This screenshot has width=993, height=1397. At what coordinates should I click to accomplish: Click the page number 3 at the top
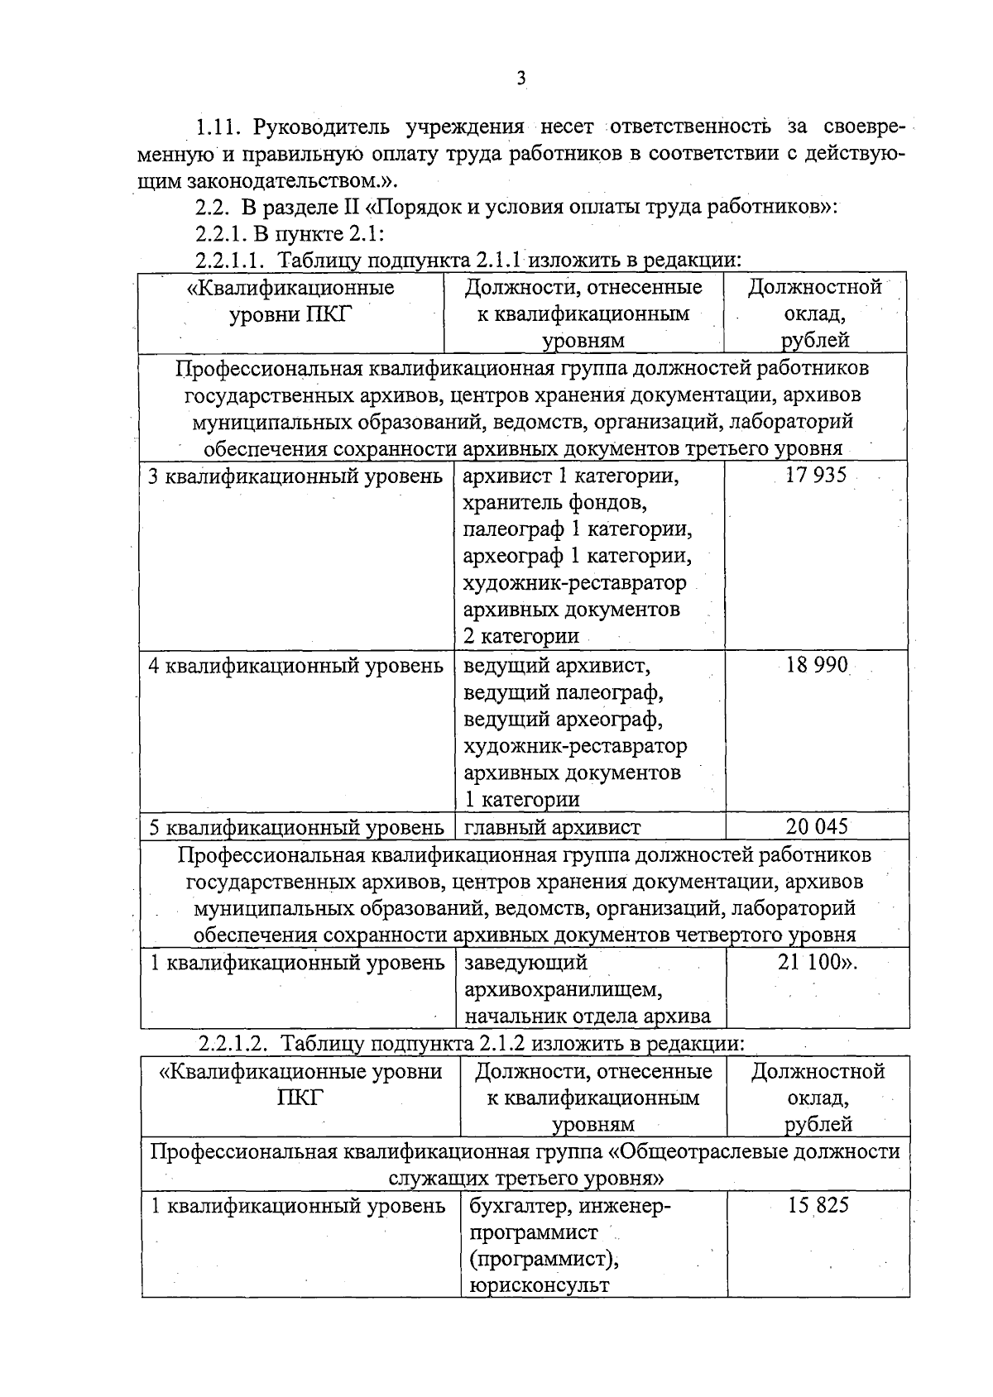[x=520, y=79]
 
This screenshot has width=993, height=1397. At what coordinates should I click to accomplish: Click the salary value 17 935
[x=816, y=476]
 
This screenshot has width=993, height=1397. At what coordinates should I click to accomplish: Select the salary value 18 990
[x=817, y=665]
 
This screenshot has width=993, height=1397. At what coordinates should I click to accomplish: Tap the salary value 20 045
[x=817, y=826]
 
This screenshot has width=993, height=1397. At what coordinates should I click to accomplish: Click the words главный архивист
[x=552, y=827]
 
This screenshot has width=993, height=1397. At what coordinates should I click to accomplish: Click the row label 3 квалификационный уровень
[x=295, y=476]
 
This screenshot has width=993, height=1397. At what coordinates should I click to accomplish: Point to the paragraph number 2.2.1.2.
[x=233, y=1044]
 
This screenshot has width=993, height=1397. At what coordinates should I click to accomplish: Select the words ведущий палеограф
[x=564, y=692]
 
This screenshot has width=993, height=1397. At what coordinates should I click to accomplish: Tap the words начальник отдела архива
[x=588, y=1017]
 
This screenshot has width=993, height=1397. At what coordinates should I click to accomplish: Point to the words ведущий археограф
[x=563, y=720]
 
